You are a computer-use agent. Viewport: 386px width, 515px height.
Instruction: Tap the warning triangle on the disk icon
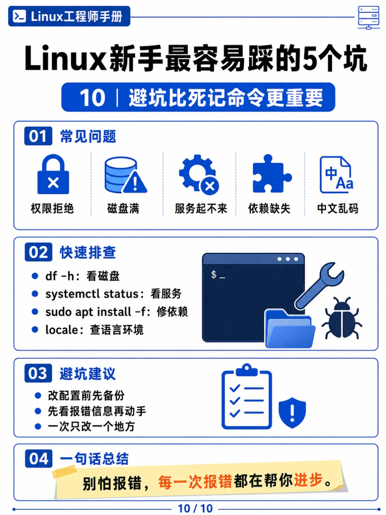(x=135, y=182)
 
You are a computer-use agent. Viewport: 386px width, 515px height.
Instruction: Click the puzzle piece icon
(x=272, y=174)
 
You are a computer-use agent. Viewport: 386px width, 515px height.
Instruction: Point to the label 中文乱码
(x=338, y=209)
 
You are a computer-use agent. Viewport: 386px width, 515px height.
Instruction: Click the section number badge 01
(x=38, y=136)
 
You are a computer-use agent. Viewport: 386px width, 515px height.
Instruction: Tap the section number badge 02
(x=39, y=252)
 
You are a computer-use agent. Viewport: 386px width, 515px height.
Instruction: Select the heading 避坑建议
(x=88, y=373)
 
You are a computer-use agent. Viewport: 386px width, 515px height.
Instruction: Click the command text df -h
(x=60, y=276)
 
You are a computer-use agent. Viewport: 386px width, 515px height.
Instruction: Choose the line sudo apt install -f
(x=117, y=312)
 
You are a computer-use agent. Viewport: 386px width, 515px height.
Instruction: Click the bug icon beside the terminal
(x=342, y=318)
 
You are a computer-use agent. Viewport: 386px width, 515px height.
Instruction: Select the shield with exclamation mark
(x=292, y=413)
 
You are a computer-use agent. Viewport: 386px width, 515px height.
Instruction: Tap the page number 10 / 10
(x=195, y=509)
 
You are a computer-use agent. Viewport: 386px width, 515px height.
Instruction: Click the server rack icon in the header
(x=368, y=18)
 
